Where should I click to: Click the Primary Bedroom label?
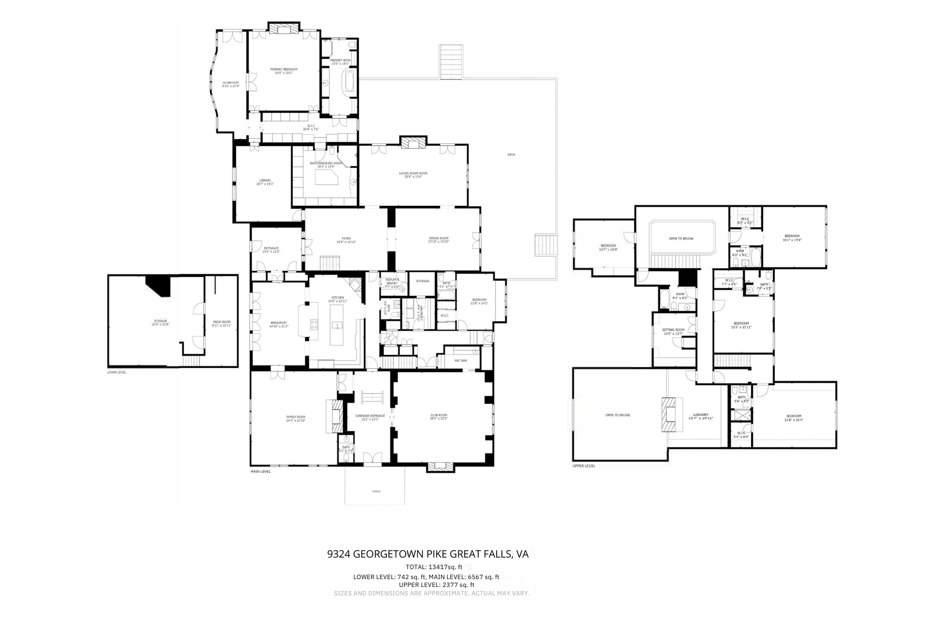tap(284, 69)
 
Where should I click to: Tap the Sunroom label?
tap(230, 82)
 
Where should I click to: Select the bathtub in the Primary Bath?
tap(348, 84)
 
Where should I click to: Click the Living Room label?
tap(413, 173)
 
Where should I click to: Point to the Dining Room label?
tap(438, 238)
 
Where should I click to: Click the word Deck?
tap(511, 155)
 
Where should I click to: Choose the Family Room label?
tap(295, 417)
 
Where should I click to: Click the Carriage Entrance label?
tap(369, 416)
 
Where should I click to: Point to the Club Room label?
tap(438, 415)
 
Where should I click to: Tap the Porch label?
tap(376, 491)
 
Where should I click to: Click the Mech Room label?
tap(221, 322)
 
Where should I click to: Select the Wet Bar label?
tap(460, 361)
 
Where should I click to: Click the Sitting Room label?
tap(673, 330)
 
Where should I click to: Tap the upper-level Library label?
tap(701, 415)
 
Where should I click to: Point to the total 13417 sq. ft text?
tap(434, 567)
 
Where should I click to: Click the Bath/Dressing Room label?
tap(326, 163)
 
